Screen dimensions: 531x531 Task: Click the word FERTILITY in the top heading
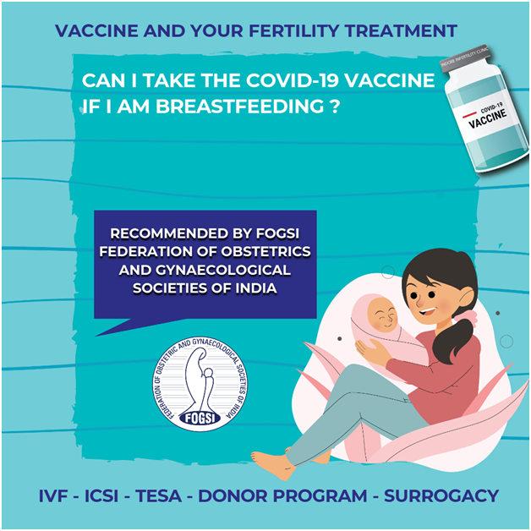click(294, 30)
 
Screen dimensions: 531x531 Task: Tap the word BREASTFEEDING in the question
click(240, 106)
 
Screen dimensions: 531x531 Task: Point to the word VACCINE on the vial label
click(488, 119)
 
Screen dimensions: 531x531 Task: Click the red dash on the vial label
click(469, 115)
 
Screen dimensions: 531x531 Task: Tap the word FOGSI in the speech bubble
click(277, 233)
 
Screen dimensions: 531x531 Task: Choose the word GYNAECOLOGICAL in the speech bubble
click(223, 270)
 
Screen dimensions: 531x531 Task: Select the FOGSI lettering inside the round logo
click(200, 419)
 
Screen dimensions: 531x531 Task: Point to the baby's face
click(383, 315)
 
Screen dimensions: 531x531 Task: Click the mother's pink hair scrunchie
click(466, 317)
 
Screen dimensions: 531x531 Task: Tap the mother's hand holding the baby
click(372, 353)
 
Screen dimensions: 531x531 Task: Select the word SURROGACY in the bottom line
click(441, 496)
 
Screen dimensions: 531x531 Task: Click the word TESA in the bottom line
click(159, 496)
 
